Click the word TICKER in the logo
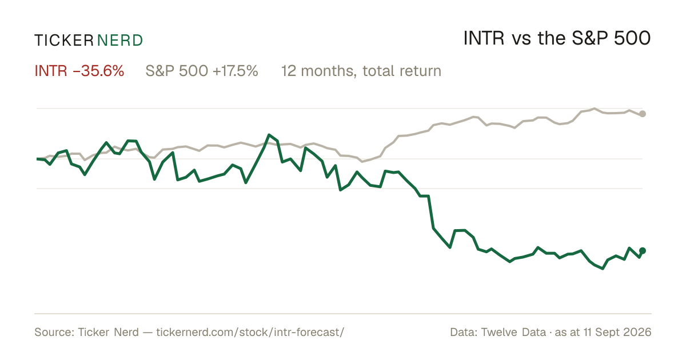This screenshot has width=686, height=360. [63, 41]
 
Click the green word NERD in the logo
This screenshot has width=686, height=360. [120, 41]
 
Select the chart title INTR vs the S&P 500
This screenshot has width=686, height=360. [557, 38]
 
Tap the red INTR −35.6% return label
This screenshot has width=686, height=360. [79, 71]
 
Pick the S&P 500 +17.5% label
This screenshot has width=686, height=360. [202, 71]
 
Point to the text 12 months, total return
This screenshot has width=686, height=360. [361, 71]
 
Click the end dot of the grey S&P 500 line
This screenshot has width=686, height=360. [643, 114]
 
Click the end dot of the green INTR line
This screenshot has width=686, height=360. [643, 251]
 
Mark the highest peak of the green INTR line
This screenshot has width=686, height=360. [269, 135]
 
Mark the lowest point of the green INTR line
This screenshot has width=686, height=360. [603, 269]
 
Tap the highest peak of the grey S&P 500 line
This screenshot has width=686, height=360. [595, 109]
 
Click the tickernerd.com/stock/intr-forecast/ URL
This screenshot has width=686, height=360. [250, 332]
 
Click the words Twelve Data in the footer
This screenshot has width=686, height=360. [513, 332]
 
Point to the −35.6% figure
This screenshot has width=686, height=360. [98, 71]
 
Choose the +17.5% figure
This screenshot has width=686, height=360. [235, 71]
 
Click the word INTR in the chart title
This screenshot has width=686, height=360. [484, 38]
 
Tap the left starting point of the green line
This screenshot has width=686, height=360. [37, 159]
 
